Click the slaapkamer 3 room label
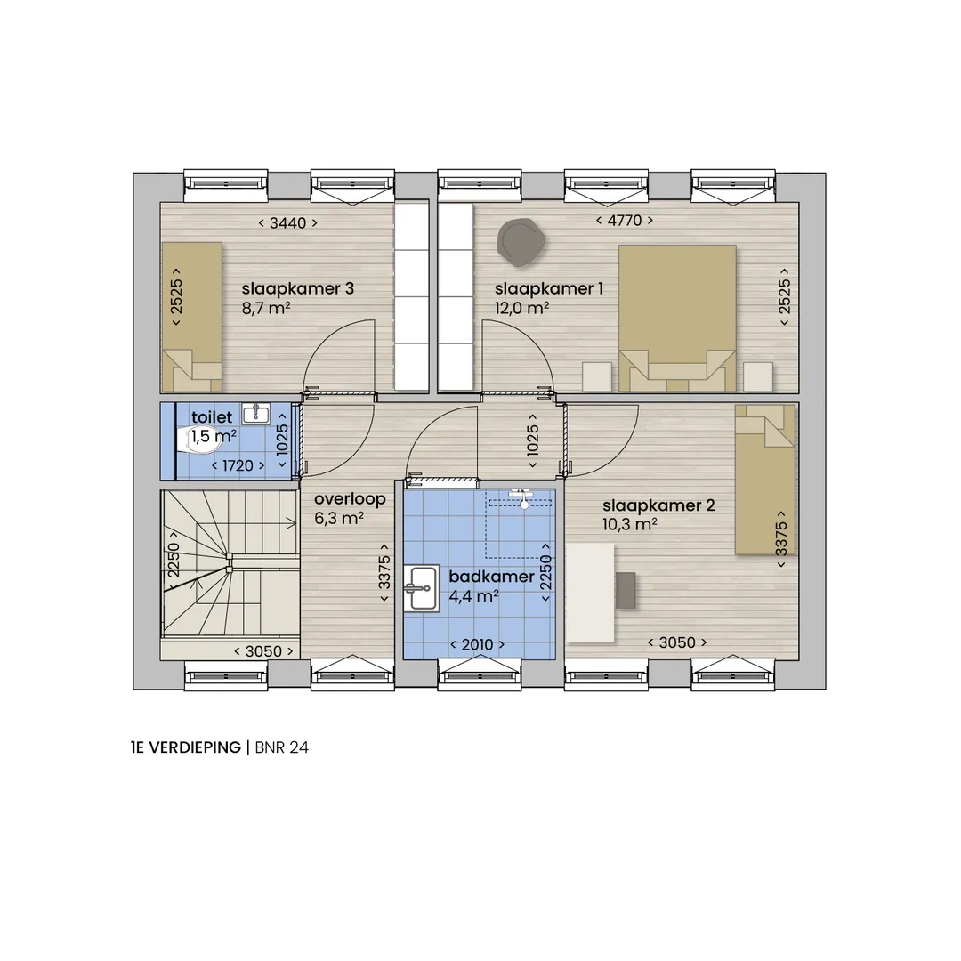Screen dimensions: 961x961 tap(298, 288)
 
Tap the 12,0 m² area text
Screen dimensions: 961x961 tap(521, 308)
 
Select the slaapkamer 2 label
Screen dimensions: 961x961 tap(658, 505)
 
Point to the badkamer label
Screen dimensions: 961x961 tap(491, 577)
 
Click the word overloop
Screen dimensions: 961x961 tap(350, 499)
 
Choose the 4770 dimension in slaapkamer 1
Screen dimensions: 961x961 tap(625, 220)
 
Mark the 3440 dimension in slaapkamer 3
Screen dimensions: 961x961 tap(287, 223)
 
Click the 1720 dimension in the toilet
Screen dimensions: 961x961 tap(238, 465)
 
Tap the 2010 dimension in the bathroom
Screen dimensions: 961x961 tap(478, 645)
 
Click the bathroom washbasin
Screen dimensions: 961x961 tap(421, 588)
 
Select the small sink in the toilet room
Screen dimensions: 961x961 tap(256, 415)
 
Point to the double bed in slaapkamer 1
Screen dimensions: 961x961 tap(677, 318)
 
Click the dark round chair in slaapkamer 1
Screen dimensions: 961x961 tap(521, 243)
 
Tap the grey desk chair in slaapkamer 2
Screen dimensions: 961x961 tap(626, 590)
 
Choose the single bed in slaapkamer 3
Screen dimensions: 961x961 tap(191, 317)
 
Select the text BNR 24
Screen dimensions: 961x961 tap(281, 747)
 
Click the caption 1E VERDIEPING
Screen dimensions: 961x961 tap(186, 747)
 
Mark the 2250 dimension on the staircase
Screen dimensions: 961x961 tap(174, 560)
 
